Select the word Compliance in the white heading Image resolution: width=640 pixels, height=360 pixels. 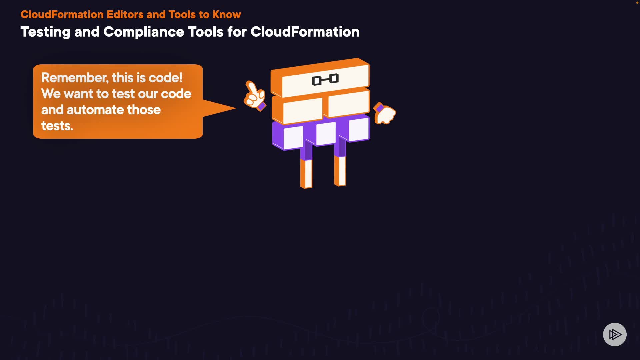point(144,32)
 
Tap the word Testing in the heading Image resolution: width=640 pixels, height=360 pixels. point(45,32)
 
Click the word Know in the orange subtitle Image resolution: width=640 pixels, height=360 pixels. point(227,15)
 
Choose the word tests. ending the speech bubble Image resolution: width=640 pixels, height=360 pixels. point(57,126)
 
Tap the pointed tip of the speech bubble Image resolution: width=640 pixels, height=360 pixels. point(236,108)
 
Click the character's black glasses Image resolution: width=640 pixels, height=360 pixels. point(325,80)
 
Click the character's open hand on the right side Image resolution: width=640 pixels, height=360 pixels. point(385,113)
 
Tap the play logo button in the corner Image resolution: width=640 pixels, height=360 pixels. point(615,334)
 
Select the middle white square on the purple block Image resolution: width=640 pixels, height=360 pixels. point(326,134)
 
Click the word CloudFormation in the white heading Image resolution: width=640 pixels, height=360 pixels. point(305,32)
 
